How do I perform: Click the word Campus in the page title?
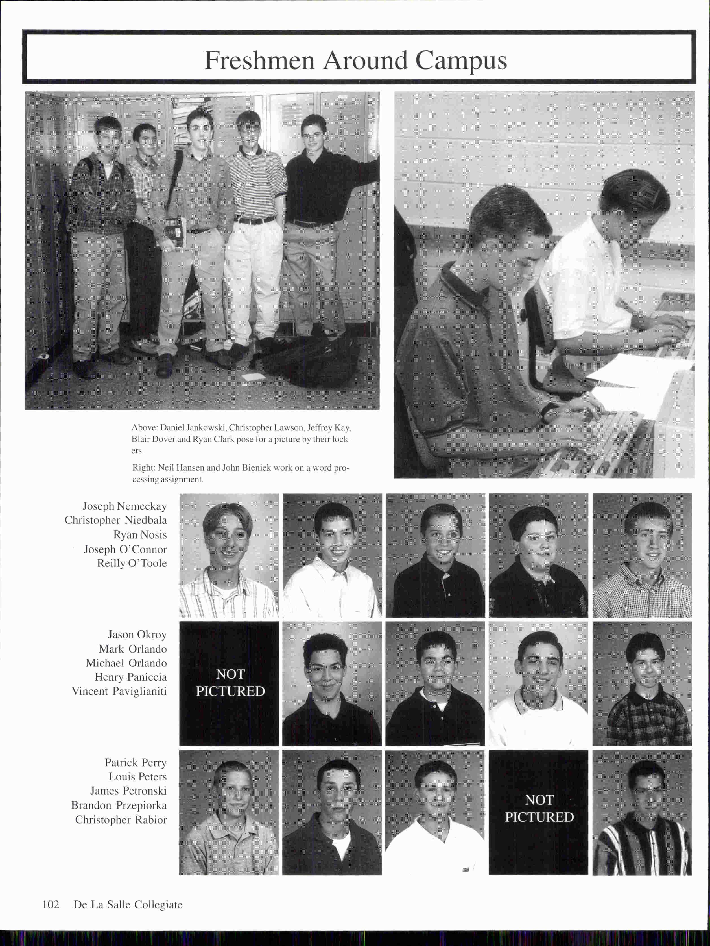461,61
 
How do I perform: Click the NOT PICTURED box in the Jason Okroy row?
230,683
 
